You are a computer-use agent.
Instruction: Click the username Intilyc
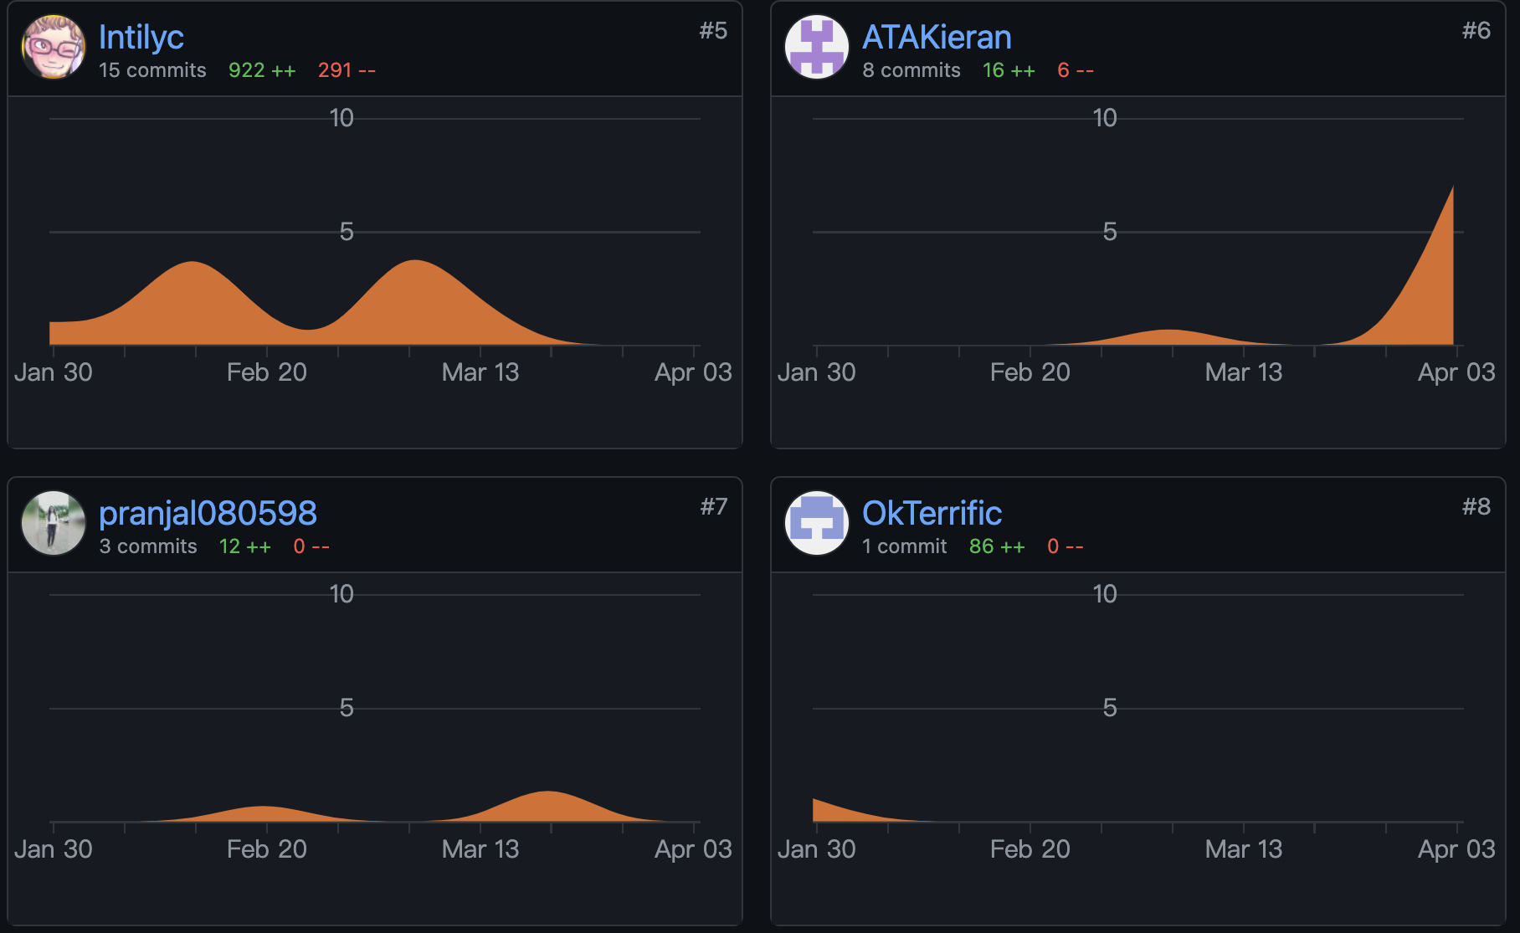141,37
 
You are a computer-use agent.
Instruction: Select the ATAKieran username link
937,37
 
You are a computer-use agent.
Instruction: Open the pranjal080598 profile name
208,513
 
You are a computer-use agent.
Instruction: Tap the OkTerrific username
932,513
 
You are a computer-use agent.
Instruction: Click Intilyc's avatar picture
54,47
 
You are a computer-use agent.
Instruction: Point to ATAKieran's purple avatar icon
817,47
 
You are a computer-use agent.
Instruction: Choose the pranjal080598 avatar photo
54,523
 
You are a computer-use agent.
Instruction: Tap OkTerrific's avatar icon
817,523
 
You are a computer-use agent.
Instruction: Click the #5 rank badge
713,31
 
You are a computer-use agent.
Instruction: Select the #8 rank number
1476,507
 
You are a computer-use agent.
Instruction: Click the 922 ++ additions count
262,70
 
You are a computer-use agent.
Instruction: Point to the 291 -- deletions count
347,70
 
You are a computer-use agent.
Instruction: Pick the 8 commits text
911,70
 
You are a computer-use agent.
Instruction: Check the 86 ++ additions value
997,546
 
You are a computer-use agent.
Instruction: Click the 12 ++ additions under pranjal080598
244,546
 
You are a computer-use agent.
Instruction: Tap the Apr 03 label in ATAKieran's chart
1456,372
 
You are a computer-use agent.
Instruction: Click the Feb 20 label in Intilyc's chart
267,372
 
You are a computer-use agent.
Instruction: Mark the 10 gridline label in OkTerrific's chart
1105,594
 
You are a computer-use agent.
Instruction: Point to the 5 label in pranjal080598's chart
347,708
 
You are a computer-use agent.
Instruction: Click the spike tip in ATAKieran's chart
1452,187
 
